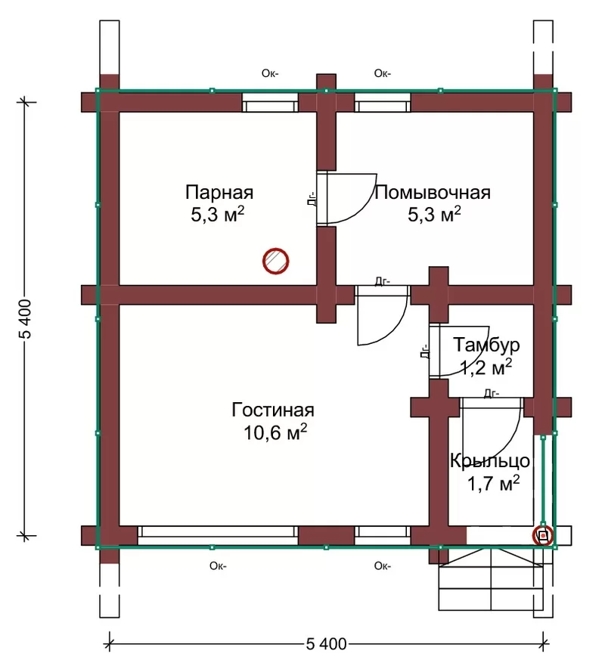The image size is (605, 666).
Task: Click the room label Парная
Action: click(x=219, y=193)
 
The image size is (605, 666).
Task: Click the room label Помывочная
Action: click(x=432, y=193)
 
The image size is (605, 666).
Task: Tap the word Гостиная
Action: click(x=273, y=410)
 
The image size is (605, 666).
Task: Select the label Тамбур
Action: click(x=486, y=345)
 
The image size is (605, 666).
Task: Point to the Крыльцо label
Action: click(x=490, y=461)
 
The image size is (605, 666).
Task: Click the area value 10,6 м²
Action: click(x=275, y=432)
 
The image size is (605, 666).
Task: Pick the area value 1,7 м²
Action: click(x=493, y=483)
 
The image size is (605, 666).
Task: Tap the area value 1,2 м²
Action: click(x=486, y=367)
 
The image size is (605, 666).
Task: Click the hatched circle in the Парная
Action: click(x=276, y=261)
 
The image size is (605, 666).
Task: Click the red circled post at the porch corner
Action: click(x=543, y=536)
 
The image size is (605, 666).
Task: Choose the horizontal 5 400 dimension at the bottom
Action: click(x=326, y=644)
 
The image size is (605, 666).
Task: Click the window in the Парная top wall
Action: click(x=270, y=102)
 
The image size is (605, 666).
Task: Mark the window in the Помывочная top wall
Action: click(x=383, y=102)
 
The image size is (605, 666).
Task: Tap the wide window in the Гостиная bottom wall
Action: click(x=218, y=535)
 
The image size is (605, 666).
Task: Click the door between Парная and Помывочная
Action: click(x=346, y=198)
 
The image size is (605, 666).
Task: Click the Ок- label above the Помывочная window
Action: click(x=383, y=73)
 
